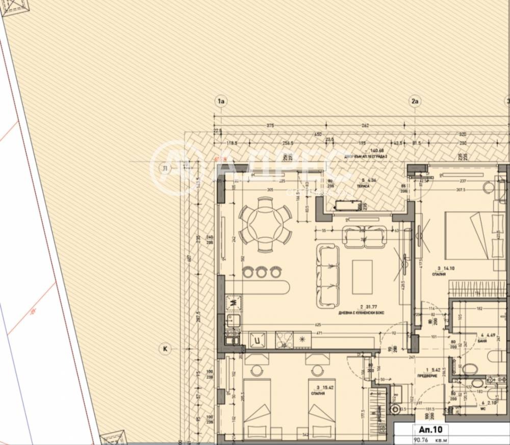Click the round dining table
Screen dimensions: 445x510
point(265,224)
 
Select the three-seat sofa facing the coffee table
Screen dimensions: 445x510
point(328,276)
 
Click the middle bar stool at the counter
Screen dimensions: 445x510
point(261,272)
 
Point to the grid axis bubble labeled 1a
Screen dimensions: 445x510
point(221,101)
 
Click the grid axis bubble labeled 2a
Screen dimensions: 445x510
point(415,101)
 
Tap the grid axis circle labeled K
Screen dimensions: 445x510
point(165,349)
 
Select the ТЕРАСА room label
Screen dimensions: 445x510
point(364,187)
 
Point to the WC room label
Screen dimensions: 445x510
point(482,409)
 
